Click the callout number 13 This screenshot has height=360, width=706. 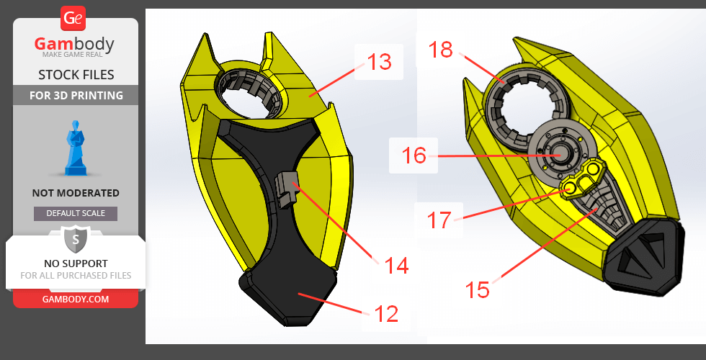380,62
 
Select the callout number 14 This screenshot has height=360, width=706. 397,266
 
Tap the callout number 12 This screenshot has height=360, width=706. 386,314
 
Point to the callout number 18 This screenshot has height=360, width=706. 441,50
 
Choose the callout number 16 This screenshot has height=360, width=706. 414,156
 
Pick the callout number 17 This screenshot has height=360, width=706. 439,220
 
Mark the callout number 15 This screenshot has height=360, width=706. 477,289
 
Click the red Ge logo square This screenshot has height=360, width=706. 73,19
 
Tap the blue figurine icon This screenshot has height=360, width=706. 76,148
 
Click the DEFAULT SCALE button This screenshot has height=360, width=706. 76,213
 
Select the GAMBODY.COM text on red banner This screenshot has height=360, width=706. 76,299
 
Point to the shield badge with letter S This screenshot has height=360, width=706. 76,240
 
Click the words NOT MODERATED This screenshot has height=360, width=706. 76,193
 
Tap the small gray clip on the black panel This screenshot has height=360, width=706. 287,190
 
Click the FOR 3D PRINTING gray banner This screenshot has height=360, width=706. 76,95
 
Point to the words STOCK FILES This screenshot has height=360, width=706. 76,74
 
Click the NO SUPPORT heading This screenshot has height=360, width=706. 76,263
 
